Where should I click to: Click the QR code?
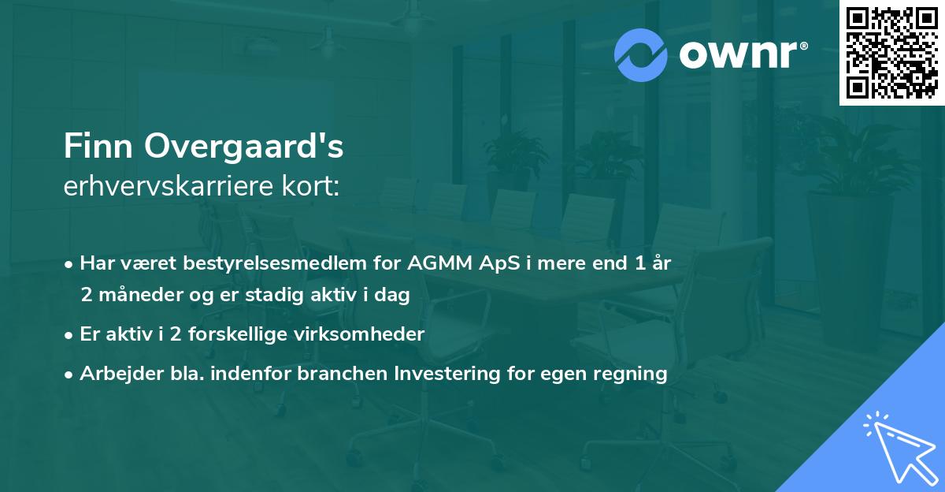pos(891,53)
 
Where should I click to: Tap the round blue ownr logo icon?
pos(641,55)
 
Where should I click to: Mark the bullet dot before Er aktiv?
pos(69,334)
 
